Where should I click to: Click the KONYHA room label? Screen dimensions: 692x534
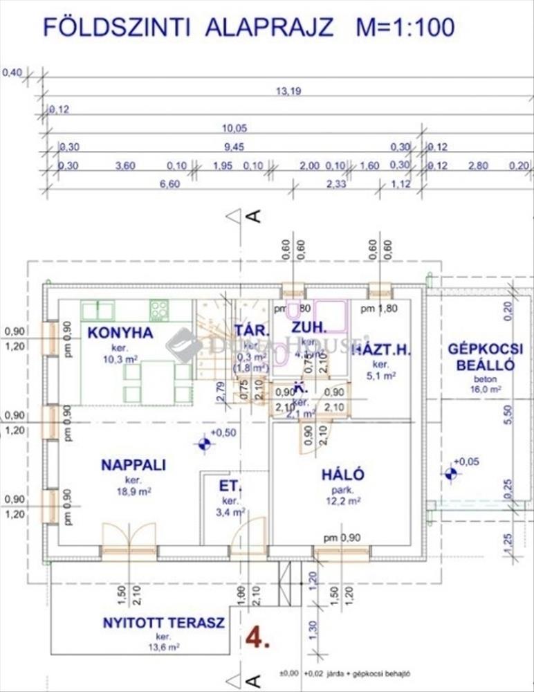click(120, 333)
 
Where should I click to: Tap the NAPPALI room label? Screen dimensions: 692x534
click(133, 465)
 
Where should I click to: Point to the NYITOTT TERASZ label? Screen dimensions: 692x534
click(164, 623)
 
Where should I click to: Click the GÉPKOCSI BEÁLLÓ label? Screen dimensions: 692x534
click(485, 357)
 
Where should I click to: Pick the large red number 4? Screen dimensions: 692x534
click(257, 637)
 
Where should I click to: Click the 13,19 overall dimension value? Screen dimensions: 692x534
click(288, 91)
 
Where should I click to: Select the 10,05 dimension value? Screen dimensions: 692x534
click(235, 128)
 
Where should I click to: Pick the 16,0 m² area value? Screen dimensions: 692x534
click(485, 390)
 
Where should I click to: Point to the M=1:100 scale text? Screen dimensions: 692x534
click(405, 27)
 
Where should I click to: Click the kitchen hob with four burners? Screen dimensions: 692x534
click(159, 310)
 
